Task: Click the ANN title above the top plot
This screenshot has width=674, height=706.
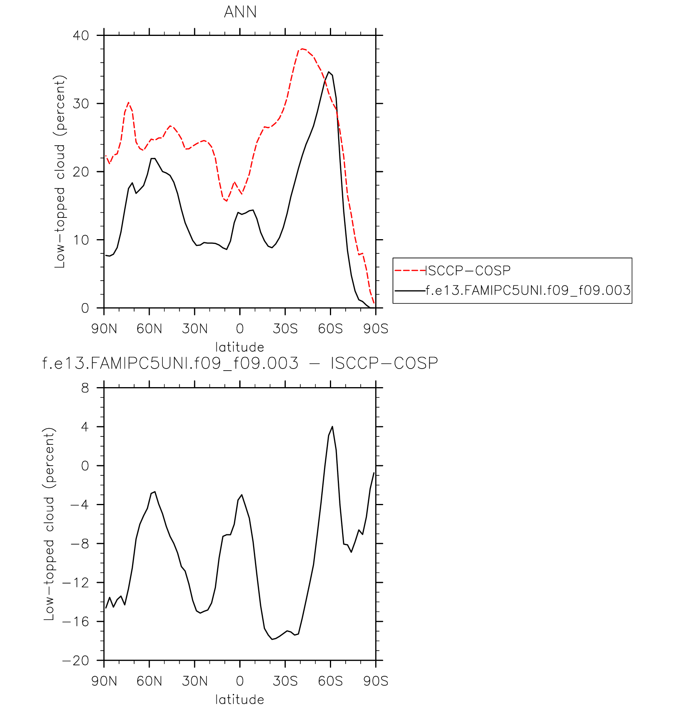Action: pyautogui.click(x=240, y=12)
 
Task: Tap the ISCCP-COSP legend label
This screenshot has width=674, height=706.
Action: pyautogui.click(x=468, y=271)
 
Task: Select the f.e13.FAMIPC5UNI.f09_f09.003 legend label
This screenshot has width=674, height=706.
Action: pyautogui.click(x=528, y=290)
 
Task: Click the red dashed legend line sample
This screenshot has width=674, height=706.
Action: pyautogui.click(x=410, y=271)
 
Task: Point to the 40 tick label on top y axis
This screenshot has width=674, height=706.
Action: pyautogui.click(x=81, y=36)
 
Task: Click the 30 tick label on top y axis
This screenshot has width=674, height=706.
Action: pyautogui.click(x=81, y=104)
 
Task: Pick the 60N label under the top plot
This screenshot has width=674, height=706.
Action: pyautogui.click(x=149, y=329)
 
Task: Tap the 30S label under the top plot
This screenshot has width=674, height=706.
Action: pyautogui.click(x=285, y=329)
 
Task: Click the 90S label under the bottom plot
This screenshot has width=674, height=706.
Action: pyautogui.click(x=376, y=681)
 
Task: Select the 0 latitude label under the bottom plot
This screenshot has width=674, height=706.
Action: pyautogui.click(x=240, y=681)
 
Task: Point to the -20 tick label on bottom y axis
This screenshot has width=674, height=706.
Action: pyautogui.click(x=76, y=661)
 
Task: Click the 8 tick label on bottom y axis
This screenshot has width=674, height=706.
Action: pyautogui.click(x=85, y=388)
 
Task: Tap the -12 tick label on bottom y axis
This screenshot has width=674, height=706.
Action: pyautogui.click(x=76, y=583)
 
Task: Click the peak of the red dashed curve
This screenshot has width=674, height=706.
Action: pyautogui.click(x=302, y=49)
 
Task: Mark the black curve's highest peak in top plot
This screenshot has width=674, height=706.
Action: pyautogui.click(x=329, y=72)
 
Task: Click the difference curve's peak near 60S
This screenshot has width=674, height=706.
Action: pyautogui.click(x=332, y=427)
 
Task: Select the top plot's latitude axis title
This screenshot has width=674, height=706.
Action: pyautogui.click(x=240, y=347)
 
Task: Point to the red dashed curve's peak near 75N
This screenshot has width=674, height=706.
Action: pyautogui.click(x=128, y=103)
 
